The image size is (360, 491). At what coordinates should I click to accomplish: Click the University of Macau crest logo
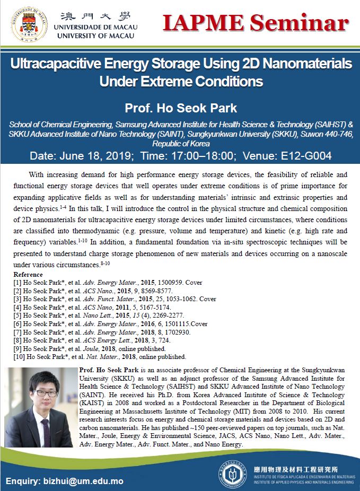coord(27,23)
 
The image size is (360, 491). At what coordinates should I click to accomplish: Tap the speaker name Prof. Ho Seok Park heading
coord(180,109)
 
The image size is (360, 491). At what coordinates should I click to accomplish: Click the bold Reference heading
coord(28,275)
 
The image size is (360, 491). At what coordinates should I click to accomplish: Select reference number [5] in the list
coord(17,315)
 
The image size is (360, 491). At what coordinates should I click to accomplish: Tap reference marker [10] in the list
coord(19,357)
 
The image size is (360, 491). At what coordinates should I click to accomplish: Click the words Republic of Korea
coord(180,144)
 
